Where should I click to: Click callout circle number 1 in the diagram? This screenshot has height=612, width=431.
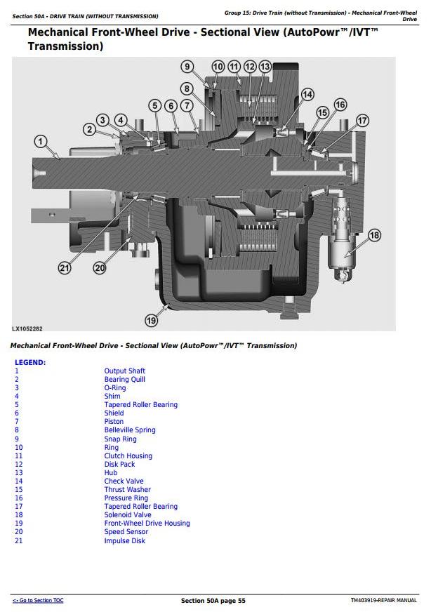click(41, 142)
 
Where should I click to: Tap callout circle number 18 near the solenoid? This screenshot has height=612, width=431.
click(374, 235)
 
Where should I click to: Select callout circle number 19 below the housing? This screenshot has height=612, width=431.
click(151, 320)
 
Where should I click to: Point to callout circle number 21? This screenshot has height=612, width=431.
click(65, 267)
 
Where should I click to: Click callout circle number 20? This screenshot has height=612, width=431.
click(100, 267)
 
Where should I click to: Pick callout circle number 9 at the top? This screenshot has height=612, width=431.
click(187, 67)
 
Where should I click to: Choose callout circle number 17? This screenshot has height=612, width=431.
click(362, 121)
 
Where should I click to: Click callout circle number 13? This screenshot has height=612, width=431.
click(265, 67)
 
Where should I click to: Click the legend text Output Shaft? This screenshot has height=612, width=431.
click(124, 371)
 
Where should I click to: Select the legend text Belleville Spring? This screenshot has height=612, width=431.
click(130, 430)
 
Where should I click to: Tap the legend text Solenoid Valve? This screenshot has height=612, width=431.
click(127, 514)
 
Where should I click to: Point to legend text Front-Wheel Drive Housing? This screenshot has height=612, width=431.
click(147, 523)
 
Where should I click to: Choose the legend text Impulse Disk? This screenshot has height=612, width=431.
click(125, 540)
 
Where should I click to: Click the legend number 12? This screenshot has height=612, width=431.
click(19, 464)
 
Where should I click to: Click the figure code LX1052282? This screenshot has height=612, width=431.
click(27, 328)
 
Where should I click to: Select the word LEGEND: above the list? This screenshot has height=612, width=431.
click(30, 362)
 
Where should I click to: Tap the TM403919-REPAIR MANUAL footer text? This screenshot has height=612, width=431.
click(383, 601)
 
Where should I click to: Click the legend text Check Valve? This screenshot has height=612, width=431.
click(124, 481)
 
